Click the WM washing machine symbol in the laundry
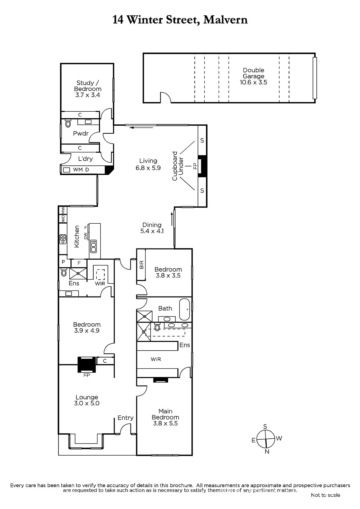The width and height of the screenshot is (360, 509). coord(67,170)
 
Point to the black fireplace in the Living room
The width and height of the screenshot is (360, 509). coord(202,166)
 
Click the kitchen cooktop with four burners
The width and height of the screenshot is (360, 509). coord(63,239)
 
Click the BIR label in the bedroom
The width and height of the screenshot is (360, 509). coord(142,265)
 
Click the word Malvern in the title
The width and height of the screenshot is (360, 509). coord(225,20)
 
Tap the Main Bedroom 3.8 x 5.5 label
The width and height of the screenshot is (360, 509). coord(165,417)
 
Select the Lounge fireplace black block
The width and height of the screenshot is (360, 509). coord(87,364)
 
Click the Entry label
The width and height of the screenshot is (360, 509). coord(125,418)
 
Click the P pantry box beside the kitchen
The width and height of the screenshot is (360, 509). coord(63,261)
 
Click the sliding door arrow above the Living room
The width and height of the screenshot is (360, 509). coord(141,128)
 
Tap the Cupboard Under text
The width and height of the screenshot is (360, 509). coord(178,166)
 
